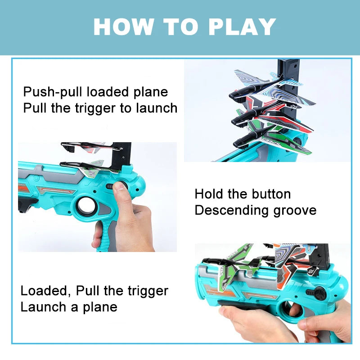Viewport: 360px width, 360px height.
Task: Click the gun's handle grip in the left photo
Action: point(108,234)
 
